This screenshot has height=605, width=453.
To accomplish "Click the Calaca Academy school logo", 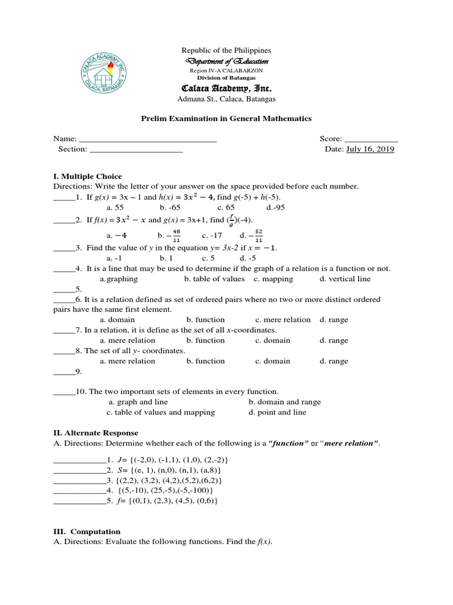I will pyautogui.click(x=114, y=72).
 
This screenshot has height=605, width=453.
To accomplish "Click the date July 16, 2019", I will pyautogui.click(x=370, y=149).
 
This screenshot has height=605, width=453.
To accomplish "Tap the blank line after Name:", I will pyautogui.click(x=147, y=139).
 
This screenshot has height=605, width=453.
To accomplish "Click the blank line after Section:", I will pyautogui.click(x=136, y=150).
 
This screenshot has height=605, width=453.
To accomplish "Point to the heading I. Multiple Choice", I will pyautogui.click(x=87, y=176).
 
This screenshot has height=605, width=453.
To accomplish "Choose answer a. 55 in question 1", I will pyautogui.click(x=115, y=207).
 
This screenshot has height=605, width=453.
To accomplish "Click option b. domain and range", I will pyautogui.click(x=285, y=402).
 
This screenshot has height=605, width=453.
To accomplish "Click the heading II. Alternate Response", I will pyautogui.click(x=96, y=433).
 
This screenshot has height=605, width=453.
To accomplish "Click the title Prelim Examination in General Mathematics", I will pyautogui.click(x=226, y=119).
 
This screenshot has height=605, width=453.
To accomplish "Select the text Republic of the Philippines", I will pyautogui.click(x=226, y=51).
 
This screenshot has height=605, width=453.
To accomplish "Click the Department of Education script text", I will pyautogui.click(x=226, y=61).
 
